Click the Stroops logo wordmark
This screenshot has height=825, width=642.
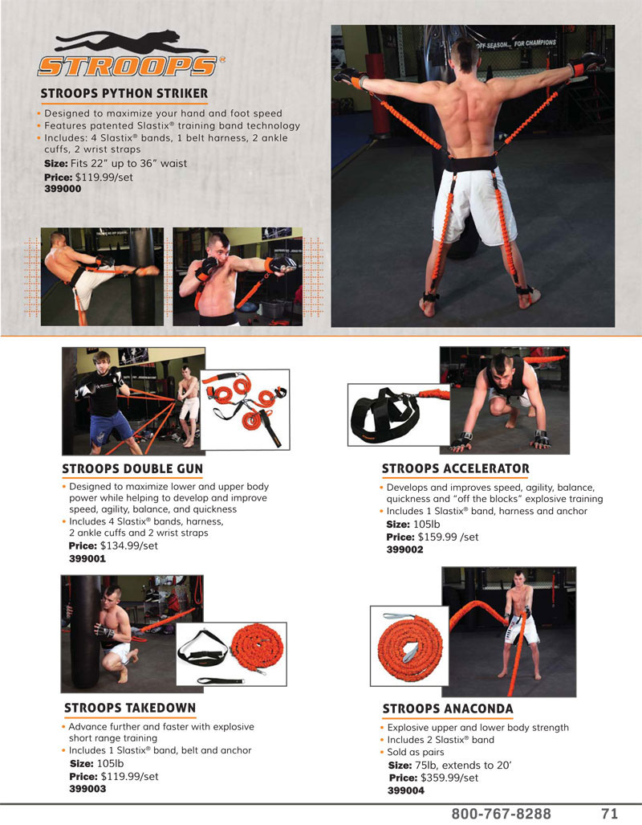coord(128,67)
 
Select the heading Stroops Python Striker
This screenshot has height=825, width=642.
coord(124,94)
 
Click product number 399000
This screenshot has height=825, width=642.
coord(63,189)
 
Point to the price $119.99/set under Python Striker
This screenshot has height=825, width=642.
coord(104,178)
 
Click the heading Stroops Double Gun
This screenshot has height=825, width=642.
coord(132,469)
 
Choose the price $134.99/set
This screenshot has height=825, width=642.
coord(129,545)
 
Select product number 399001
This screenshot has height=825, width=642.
coord(87,559)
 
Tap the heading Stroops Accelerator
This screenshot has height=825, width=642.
coord(455,469)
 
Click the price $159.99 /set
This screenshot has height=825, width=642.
coord(448,537)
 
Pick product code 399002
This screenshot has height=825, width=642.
coord(405,549)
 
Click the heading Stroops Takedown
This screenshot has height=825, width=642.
coord(130,709)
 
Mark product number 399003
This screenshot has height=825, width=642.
coord(87,789)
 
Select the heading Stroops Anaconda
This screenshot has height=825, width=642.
coord(448,709)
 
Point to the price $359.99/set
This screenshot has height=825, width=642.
coord(449,778)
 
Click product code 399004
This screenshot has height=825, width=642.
coord(406,790)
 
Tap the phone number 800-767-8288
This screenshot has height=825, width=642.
coord(501,814)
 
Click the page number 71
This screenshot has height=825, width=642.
coord(609,814)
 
